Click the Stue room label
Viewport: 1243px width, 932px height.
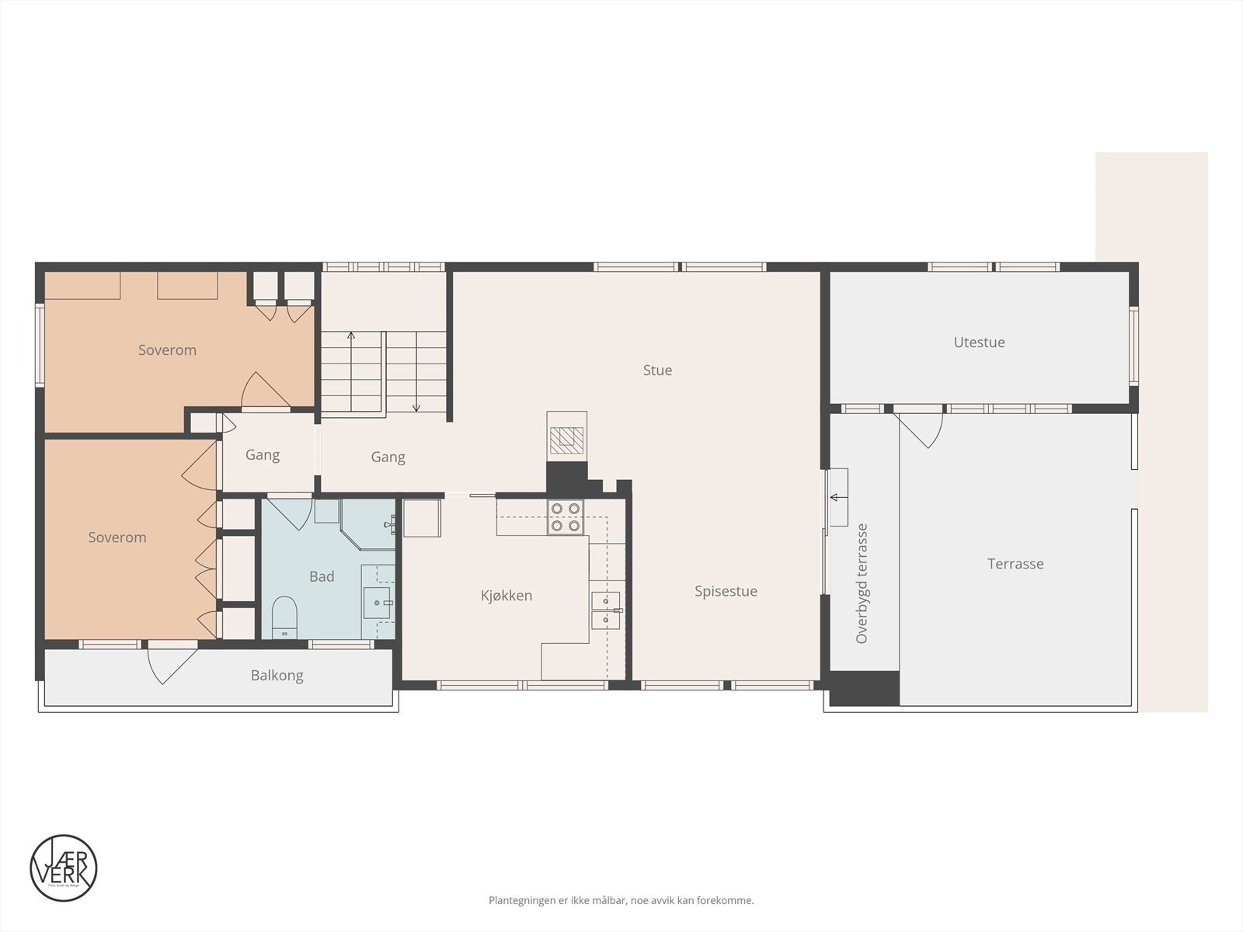pos(657,370)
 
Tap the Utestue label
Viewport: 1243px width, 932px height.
pos(979,343)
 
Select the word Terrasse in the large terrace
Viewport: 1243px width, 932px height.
pos(1015,564)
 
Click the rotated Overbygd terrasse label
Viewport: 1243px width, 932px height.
pos(862,584)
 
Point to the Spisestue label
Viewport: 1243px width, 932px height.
pos(726,592)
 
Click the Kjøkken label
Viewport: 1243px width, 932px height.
pos(507,596)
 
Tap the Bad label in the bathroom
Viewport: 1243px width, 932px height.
pos(322,576)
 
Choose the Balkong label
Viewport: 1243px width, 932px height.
pos(277,676)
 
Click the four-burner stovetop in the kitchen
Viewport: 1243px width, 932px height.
pos(566,517)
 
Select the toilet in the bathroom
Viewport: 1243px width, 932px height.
pos(284,614)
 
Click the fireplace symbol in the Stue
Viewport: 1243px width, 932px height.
pos(566,440)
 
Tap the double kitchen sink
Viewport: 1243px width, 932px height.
pos(605,610)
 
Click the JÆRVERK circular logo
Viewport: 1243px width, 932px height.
pos(64,868)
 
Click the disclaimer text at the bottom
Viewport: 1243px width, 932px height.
pos(621,901)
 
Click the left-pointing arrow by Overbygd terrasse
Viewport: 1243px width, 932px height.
pos(837,497)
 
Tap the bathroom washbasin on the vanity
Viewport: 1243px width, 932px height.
pos(378,603)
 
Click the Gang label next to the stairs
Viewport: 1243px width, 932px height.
pos(388,457)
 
